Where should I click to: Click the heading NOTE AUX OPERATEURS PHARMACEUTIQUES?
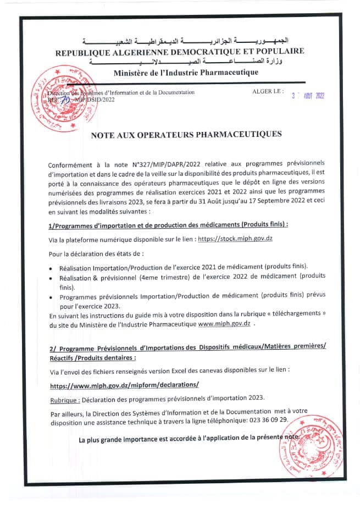pos(186,134)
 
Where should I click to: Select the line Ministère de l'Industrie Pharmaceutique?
pos(186,72)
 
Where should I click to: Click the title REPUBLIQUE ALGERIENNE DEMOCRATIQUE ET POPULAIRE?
pos(179,52)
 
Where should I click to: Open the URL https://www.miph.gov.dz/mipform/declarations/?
pos(124,385)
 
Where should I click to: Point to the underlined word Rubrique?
pos(65,398)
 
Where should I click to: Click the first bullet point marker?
pos(51,268)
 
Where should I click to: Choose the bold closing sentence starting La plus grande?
pos(189,438)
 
